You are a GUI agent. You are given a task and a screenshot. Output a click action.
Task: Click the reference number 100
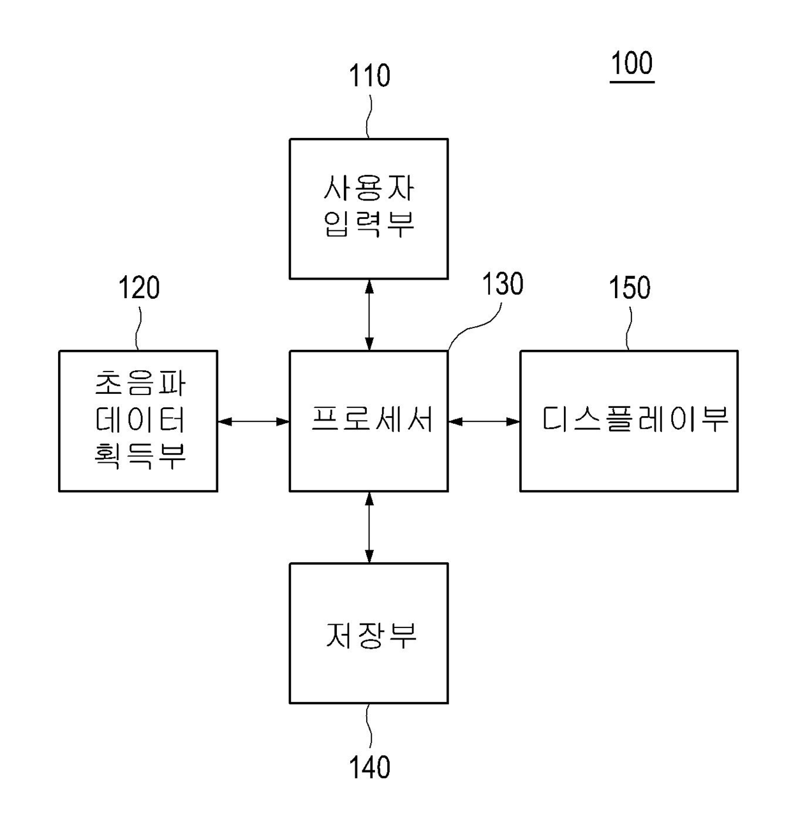(632, 64)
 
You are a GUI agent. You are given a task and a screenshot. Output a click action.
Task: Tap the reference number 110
(369, 76)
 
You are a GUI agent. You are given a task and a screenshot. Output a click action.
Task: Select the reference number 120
(138, 288)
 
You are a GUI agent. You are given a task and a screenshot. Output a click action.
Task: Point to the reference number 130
(502, 285)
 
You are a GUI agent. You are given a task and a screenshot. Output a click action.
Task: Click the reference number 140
(369, 767)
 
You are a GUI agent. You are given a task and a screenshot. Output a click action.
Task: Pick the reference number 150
(630, 288)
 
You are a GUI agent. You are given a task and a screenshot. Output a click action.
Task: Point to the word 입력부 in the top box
(369, 223)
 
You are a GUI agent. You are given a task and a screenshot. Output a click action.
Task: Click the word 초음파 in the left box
(140, 384)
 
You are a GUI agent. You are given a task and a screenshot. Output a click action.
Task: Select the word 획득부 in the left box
(140, 455)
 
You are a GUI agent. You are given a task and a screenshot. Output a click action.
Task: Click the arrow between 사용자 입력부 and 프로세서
(369, 315)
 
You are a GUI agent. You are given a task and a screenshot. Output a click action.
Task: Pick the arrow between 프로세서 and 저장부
(369, 527)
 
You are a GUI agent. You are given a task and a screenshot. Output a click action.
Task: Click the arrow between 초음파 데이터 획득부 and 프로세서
(253, 421)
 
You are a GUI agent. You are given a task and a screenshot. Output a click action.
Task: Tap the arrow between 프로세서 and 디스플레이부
(484, 421)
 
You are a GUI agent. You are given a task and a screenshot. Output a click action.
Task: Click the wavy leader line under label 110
(369, 115)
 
